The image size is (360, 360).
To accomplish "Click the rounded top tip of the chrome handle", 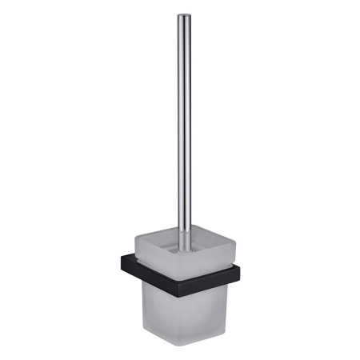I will pyautogui.click(x=183, y=15).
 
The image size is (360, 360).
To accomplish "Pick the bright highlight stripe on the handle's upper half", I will pyautogui.click(x=182, y=80).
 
